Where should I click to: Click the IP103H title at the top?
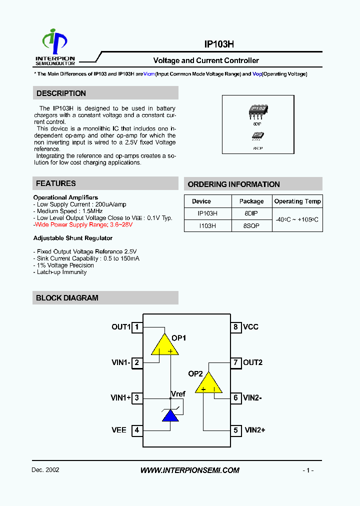(x=219, y=44)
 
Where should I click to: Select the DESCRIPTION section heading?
(x=61, y=93)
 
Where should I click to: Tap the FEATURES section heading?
(x=56, y=183)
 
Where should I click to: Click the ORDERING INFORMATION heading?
(x=233, y=184)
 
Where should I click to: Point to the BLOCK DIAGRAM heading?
(x=67, y=298)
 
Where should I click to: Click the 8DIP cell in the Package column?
(x=251, y=213)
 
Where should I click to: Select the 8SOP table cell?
(x=251, y=226)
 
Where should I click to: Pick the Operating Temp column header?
(x=297, y=201)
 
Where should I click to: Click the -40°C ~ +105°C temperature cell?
(x=297, y=219)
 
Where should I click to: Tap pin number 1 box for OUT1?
(x=136, y=327)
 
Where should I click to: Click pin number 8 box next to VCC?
(x=235, y=327)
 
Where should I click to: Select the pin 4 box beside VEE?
(x=136, y=430)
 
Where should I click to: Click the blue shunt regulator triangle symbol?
(x=170, y=415)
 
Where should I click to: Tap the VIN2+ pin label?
(x=254, y=430)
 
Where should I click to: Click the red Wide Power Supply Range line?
(x=83, y=225)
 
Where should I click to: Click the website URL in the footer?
(x=190, y=470)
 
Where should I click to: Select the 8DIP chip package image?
(x=258, y=109)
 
